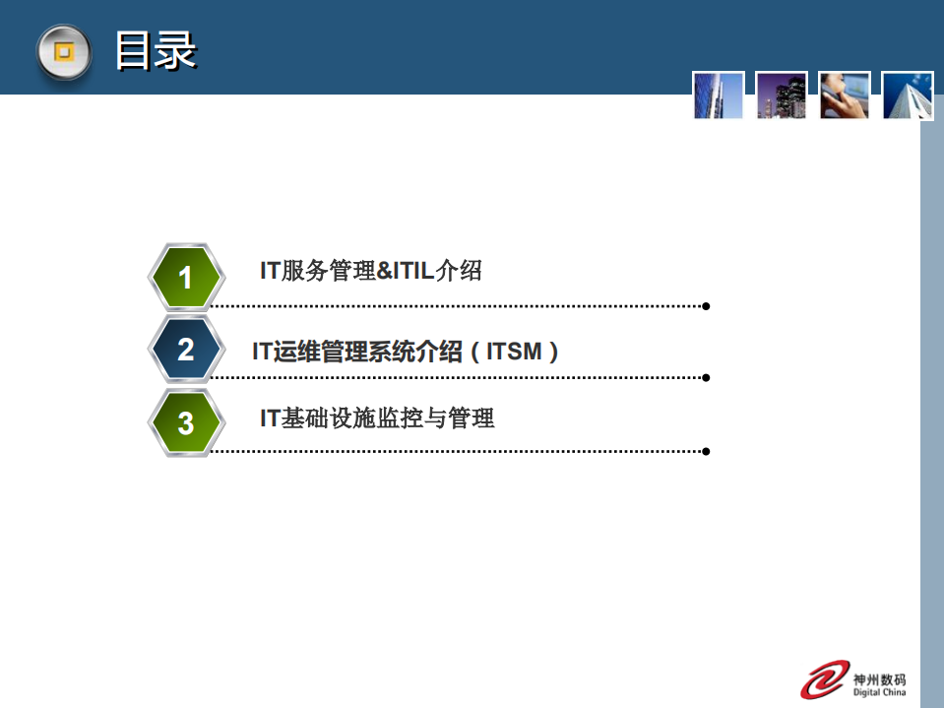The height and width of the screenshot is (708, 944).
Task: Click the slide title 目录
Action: coord(156,51)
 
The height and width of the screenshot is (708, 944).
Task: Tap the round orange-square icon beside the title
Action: coord(64,52)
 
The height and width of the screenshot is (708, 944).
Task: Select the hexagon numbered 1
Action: coord(185,277)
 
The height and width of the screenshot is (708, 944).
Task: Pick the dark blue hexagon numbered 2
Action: coord(185,349)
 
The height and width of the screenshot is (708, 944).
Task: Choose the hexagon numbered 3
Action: coord(185,423)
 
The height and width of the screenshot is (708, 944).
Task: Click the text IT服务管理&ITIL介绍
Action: coord(371,271)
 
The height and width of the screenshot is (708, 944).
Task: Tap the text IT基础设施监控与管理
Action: coord(377,418)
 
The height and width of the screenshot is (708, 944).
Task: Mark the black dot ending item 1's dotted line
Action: coord(706,306)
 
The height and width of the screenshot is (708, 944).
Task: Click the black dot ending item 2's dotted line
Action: coord(706,377)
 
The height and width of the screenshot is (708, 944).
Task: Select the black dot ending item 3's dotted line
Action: coord(706,451)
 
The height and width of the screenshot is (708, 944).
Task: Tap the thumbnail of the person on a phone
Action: coord(845,96)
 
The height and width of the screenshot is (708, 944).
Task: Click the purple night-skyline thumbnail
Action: coord(782,96)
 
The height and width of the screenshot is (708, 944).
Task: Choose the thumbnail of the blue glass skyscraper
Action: coord(719,96)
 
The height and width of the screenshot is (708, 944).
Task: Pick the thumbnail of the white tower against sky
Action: coord(907,96)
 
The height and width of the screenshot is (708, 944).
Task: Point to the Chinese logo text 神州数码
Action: coord(881,678)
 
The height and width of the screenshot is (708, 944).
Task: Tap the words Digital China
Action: coord(881,692)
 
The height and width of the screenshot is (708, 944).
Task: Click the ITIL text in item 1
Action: coord(412,271)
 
